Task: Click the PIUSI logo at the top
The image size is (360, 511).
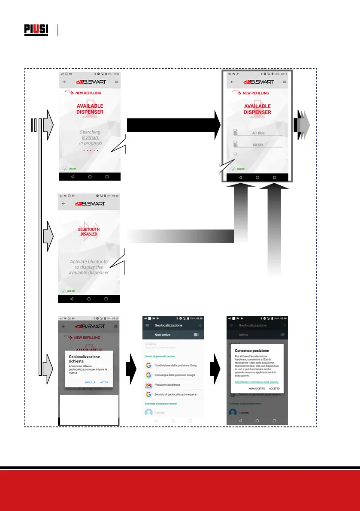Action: click(36, 30)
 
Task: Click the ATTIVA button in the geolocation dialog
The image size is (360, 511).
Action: click(104, 382)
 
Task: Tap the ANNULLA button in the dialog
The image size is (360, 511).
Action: click(90, 382)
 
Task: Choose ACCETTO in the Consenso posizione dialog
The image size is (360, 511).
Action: click(274, 388)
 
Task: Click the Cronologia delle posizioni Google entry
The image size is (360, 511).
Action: click(172, 375)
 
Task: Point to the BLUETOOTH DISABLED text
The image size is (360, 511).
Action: click(89, 232)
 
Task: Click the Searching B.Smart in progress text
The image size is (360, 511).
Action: click(90, 137)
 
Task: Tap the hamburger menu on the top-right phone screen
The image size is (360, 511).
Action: click(284, 82)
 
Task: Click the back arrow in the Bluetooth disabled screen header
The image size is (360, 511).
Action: click(64, 204)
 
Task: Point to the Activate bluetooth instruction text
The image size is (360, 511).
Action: click(89, 267)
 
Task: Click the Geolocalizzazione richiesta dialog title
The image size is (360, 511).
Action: click(84, 359)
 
